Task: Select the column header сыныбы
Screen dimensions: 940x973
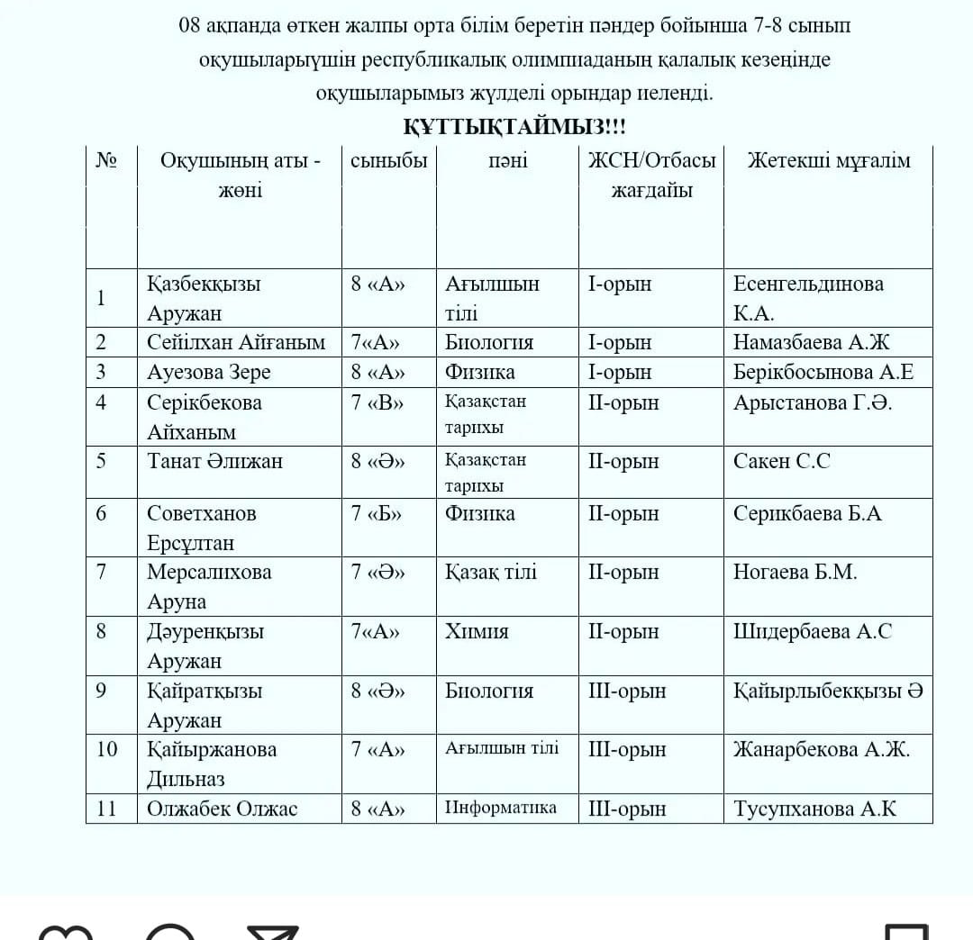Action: coord(388,160)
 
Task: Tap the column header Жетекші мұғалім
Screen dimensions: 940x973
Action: coord(828,160)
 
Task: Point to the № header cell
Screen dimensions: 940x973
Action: coord(106,160)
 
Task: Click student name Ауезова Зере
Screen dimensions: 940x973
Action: coord(209,372)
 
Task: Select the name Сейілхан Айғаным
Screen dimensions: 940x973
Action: coord(236,342)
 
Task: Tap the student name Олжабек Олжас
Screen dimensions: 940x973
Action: coord(223,809)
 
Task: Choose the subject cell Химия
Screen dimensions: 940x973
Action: coord(477,631)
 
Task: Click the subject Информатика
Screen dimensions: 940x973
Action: coord(501,807)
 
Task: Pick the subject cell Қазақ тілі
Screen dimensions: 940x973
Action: coord(491,572)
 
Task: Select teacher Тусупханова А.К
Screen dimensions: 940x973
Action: coord(814,809)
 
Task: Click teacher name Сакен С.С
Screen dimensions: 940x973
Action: coord(781,461)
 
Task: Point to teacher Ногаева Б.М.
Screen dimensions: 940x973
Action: coord(795,572)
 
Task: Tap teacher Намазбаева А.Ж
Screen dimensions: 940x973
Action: coord(811,342)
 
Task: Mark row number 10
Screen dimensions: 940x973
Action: coord(106,749)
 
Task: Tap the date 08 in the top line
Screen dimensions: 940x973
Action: coord(189,25)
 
